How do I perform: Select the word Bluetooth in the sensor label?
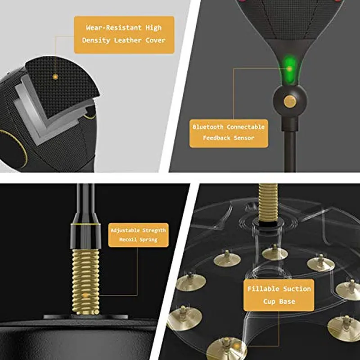(x=208, y=127)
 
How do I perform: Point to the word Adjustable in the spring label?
(x=125, y=230)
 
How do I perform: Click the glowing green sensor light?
(x=289, y=68)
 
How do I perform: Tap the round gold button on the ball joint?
(x=289, y=101)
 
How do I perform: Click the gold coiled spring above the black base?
(x=85, y=282)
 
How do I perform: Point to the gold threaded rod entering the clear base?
(x=268, y=202)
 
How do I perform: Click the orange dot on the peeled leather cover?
(x=55, y=76)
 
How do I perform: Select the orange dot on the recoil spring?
(x=85, y=295)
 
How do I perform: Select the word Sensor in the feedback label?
(x=244, y=138)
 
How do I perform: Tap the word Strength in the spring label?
(x=154, y=230)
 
